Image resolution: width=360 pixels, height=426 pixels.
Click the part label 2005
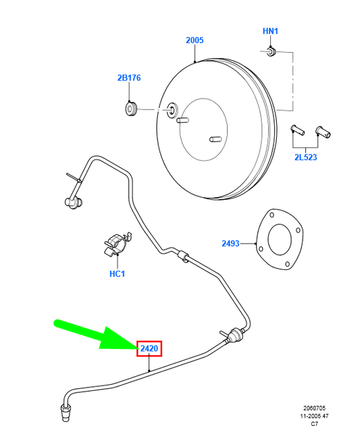(x=195, y=41)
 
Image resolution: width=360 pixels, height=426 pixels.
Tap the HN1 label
(x=270, y=31)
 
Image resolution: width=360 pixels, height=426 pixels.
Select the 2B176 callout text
(x=129, y=78)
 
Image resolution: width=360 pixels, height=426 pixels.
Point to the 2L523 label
(x=305, y=157)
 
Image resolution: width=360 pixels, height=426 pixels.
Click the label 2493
(x=230, y=244)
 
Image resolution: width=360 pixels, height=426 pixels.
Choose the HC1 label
(x=118, y=274)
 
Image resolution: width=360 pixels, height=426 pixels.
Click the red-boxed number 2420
(x=149, y=348)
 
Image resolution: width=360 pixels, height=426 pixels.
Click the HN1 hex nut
(x=271, y=51)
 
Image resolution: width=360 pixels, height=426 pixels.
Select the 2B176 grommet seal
(x=131, y=109)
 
